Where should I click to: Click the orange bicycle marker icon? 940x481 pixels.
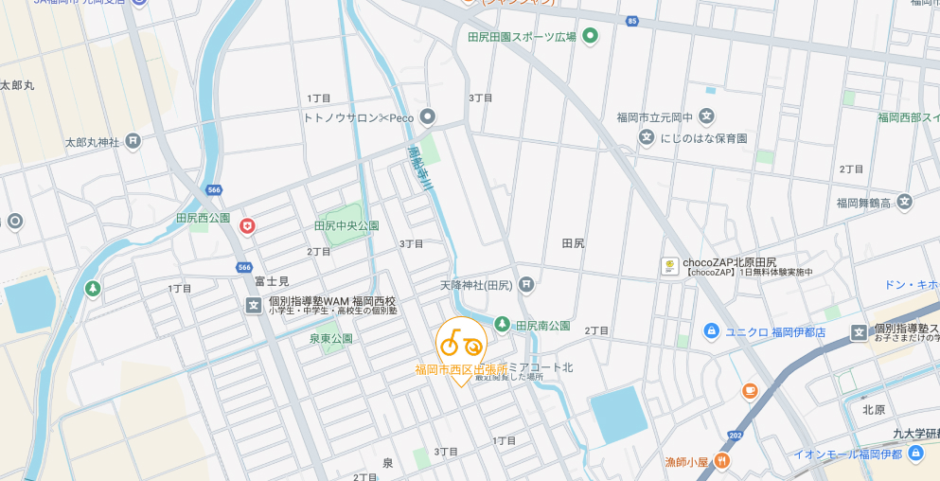[x=461, y=342]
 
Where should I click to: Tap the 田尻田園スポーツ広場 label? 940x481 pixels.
[x=522, y=37]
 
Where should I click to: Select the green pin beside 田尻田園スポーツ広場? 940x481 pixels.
[x=591, y=37]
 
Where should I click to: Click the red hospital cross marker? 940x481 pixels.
[x=247, y=225]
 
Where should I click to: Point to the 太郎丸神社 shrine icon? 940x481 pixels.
[x=133, y=141]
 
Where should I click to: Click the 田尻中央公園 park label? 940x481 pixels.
[x=346, y=226]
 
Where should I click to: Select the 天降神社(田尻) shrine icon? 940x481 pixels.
[x=526, y=284]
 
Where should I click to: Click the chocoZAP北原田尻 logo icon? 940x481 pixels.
[x=669, y=267]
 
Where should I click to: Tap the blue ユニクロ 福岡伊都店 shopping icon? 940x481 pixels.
[x=711, y=330]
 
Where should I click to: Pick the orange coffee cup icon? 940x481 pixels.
[x=750, y=390]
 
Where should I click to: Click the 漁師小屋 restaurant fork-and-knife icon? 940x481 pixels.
[x=721, y=461]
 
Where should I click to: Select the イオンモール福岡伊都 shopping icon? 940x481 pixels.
[x=914, y=454]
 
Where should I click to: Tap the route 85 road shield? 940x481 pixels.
[x=631, y=20]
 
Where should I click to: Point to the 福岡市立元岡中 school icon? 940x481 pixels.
[x=706, y=116]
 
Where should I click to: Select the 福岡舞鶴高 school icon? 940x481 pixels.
[x=904, y=202]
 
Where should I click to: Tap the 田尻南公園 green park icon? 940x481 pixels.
[x=502, y=325]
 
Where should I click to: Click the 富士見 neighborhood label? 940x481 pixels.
[x=271, y=282]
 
